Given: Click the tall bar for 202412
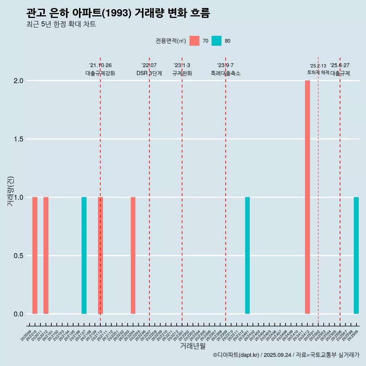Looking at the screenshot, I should point(307,197).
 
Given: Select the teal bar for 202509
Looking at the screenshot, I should point(356,255).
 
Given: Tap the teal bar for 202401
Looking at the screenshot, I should point(247,255).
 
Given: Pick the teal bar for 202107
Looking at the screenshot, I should point(84,255).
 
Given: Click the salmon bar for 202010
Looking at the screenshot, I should point(35,255).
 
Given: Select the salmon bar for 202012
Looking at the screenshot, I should point(46,255).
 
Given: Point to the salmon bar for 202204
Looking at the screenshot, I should point(133,255).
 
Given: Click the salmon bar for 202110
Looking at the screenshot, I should point(101,255).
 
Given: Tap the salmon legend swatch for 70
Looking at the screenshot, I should point(194,41).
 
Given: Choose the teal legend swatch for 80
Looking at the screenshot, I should point(217,41).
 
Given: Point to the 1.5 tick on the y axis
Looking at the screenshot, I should point(18,139).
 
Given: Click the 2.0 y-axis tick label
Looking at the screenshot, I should point(18,81).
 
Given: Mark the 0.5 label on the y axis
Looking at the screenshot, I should point(18,256).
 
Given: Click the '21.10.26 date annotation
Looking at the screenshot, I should point(100,66).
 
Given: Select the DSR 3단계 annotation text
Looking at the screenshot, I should point(149,73).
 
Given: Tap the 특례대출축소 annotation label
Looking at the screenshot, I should point(226,73).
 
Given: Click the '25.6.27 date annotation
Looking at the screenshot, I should point(340,66).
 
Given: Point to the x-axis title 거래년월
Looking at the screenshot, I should point(193,346).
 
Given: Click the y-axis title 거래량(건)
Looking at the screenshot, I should point(10,191).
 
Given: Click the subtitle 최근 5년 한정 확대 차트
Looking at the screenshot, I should point(61,24).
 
